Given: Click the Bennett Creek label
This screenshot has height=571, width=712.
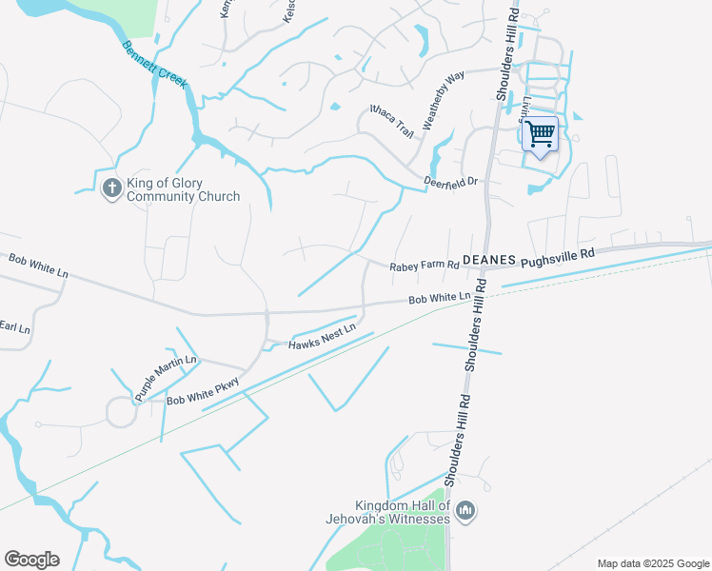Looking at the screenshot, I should [152, 67].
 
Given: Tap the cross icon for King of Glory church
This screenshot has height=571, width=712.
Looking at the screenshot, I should [111, 187].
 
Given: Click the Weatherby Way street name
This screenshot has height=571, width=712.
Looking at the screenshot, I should [443, 100].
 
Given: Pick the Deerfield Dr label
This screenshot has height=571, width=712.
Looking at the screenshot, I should [450, 181].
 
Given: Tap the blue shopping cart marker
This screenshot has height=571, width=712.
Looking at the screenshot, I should [540, 134].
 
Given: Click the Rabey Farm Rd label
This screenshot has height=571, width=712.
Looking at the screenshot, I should [424, 267].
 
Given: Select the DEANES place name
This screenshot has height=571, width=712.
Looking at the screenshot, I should [488, 259].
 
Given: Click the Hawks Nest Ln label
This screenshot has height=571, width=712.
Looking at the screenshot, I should [323, 337].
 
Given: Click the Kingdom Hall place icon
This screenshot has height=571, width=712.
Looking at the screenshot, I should [465, 512].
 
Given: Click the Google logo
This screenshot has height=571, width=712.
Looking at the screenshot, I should [31, 560].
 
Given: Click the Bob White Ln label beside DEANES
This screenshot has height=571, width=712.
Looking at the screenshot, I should [439, 300].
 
